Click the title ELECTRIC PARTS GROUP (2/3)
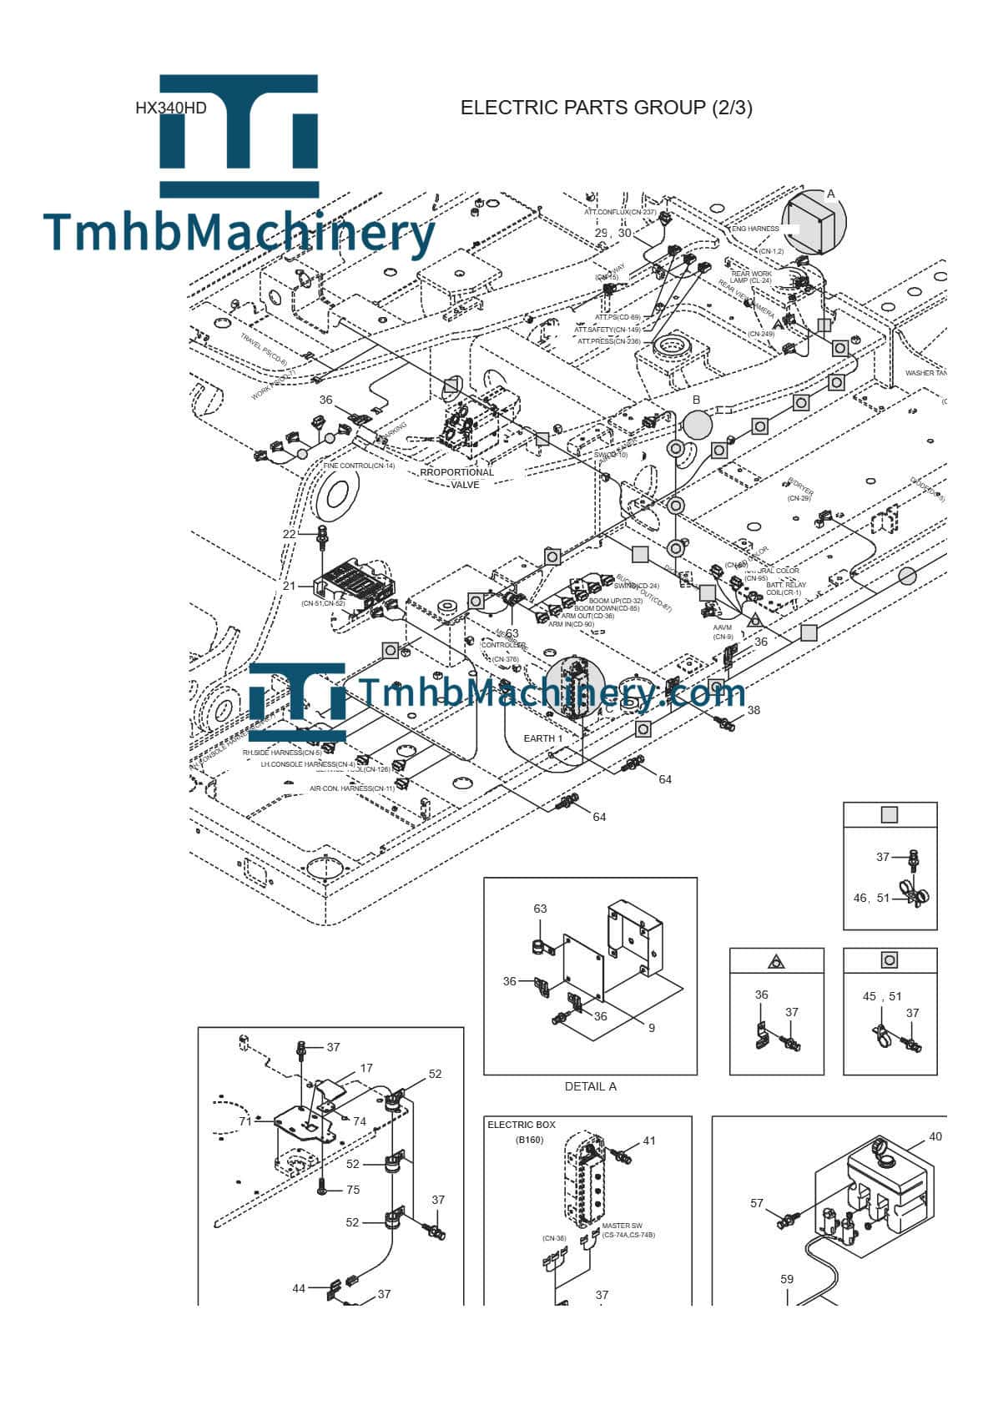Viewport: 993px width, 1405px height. tap(606, 108)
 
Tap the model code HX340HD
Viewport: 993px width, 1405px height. tap(170, 108)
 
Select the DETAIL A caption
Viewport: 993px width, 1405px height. tap(590, 1086)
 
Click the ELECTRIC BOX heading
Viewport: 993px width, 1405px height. tap(521, 1125)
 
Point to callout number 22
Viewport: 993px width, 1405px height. tap(289, 534)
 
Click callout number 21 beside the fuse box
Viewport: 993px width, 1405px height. tap(289, 586)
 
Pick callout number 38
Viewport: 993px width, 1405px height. tap(754, 710)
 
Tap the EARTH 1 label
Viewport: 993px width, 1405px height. tap(542, 738)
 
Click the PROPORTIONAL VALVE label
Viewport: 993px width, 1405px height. tap(457, 478)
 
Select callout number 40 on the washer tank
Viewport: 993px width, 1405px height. tap(935, 1136)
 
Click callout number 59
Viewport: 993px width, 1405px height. tap(787, 1278)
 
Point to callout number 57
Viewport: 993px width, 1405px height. tap(757, 1203)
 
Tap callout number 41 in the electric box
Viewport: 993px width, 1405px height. tap(649, 1140)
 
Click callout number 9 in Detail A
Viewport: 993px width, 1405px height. tap(652, 1028)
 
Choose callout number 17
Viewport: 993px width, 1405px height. tap(366, 1067)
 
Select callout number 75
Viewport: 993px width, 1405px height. tap(353, 1191)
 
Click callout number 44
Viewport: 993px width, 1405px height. tap(299, 1288)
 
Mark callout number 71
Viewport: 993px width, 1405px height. tap(245, 1121)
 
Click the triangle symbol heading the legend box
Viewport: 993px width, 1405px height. tap(776, 961)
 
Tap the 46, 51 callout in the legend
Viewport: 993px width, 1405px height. tap(871, 898)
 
